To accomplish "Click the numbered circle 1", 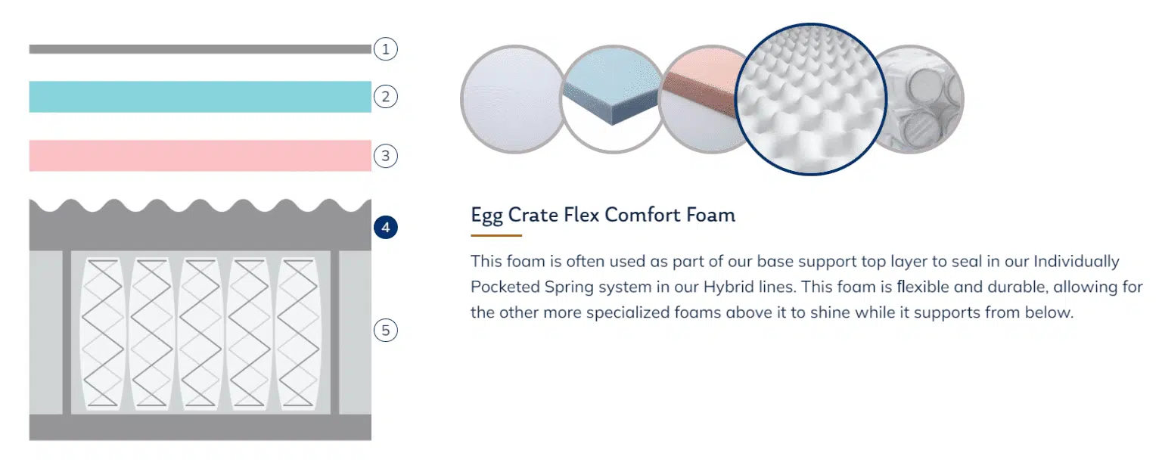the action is click(385, 49).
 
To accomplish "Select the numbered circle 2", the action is click(385, 97).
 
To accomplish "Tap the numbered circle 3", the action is click(385, 156).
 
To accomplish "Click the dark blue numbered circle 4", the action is click(385, 227).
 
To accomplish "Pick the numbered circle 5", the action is click(385, 331).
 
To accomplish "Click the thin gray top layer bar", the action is click(200, 49).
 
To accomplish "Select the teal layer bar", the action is click(200, 97).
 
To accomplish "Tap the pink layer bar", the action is click(200, 156).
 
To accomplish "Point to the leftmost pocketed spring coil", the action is click(103, 333).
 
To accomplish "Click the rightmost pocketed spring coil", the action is click(298, 333).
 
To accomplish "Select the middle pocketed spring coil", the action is click(200, 333).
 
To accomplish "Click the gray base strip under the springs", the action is click(200, 427).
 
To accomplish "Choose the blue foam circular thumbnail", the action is click(612, 99).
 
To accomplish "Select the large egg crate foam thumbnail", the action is click(811, 99).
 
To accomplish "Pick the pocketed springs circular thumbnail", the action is click(924, 99).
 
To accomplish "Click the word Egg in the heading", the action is click(486, 216).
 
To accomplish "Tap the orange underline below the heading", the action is click(496, 235).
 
